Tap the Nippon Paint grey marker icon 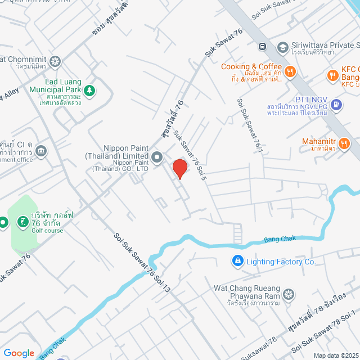[157, 156]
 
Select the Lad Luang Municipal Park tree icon [89, 89]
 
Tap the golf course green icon [22, 222]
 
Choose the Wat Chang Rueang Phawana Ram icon [289, 294]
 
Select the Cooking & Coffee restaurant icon [290, 71]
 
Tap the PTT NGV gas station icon [336, 103]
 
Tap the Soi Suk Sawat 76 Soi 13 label [142, 264]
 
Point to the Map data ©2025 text [336, 355]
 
